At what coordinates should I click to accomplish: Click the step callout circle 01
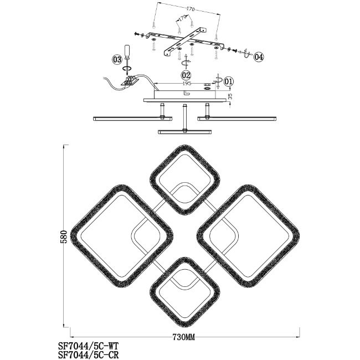pos(230,81)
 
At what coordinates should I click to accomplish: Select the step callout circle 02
pos(186,74)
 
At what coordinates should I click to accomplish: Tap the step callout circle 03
pos(117,59)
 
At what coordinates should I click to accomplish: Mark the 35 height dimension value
pos(230,96)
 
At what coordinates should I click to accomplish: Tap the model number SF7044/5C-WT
pos(89,344)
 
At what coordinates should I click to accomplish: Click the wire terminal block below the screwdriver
pos(131,81)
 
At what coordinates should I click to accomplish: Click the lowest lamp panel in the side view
pos(185,131)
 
